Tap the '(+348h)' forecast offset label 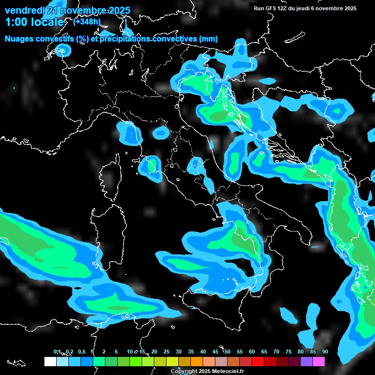[87, 21]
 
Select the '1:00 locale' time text [34, 22]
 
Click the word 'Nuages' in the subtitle [19, 39]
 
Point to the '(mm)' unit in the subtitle [208, 39]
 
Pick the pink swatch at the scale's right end [319, 362]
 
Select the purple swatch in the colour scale [307, 362]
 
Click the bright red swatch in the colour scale [258, 362]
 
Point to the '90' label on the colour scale [325, 352]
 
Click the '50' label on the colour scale [228, 352]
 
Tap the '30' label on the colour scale [179, 352]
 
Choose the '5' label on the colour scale [116, 352]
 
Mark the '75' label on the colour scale [289, 352]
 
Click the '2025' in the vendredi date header [118, 10]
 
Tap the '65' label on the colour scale [264, 352]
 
